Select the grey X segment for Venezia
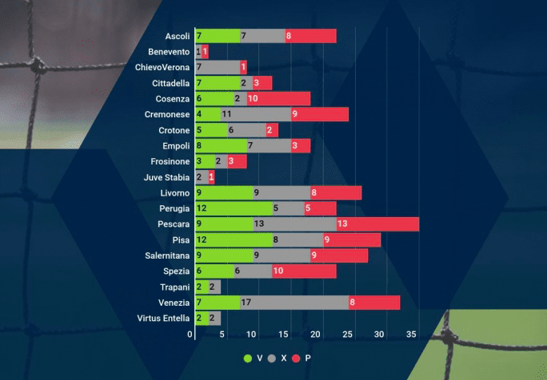294,303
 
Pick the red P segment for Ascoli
310,36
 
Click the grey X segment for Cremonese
256,114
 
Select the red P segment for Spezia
304,271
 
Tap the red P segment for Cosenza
278,99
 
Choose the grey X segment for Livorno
281,192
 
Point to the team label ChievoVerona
162,67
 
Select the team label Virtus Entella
164,319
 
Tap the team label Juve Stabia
166,177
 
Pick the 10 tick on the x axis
254,334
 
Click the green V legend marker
248,358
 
